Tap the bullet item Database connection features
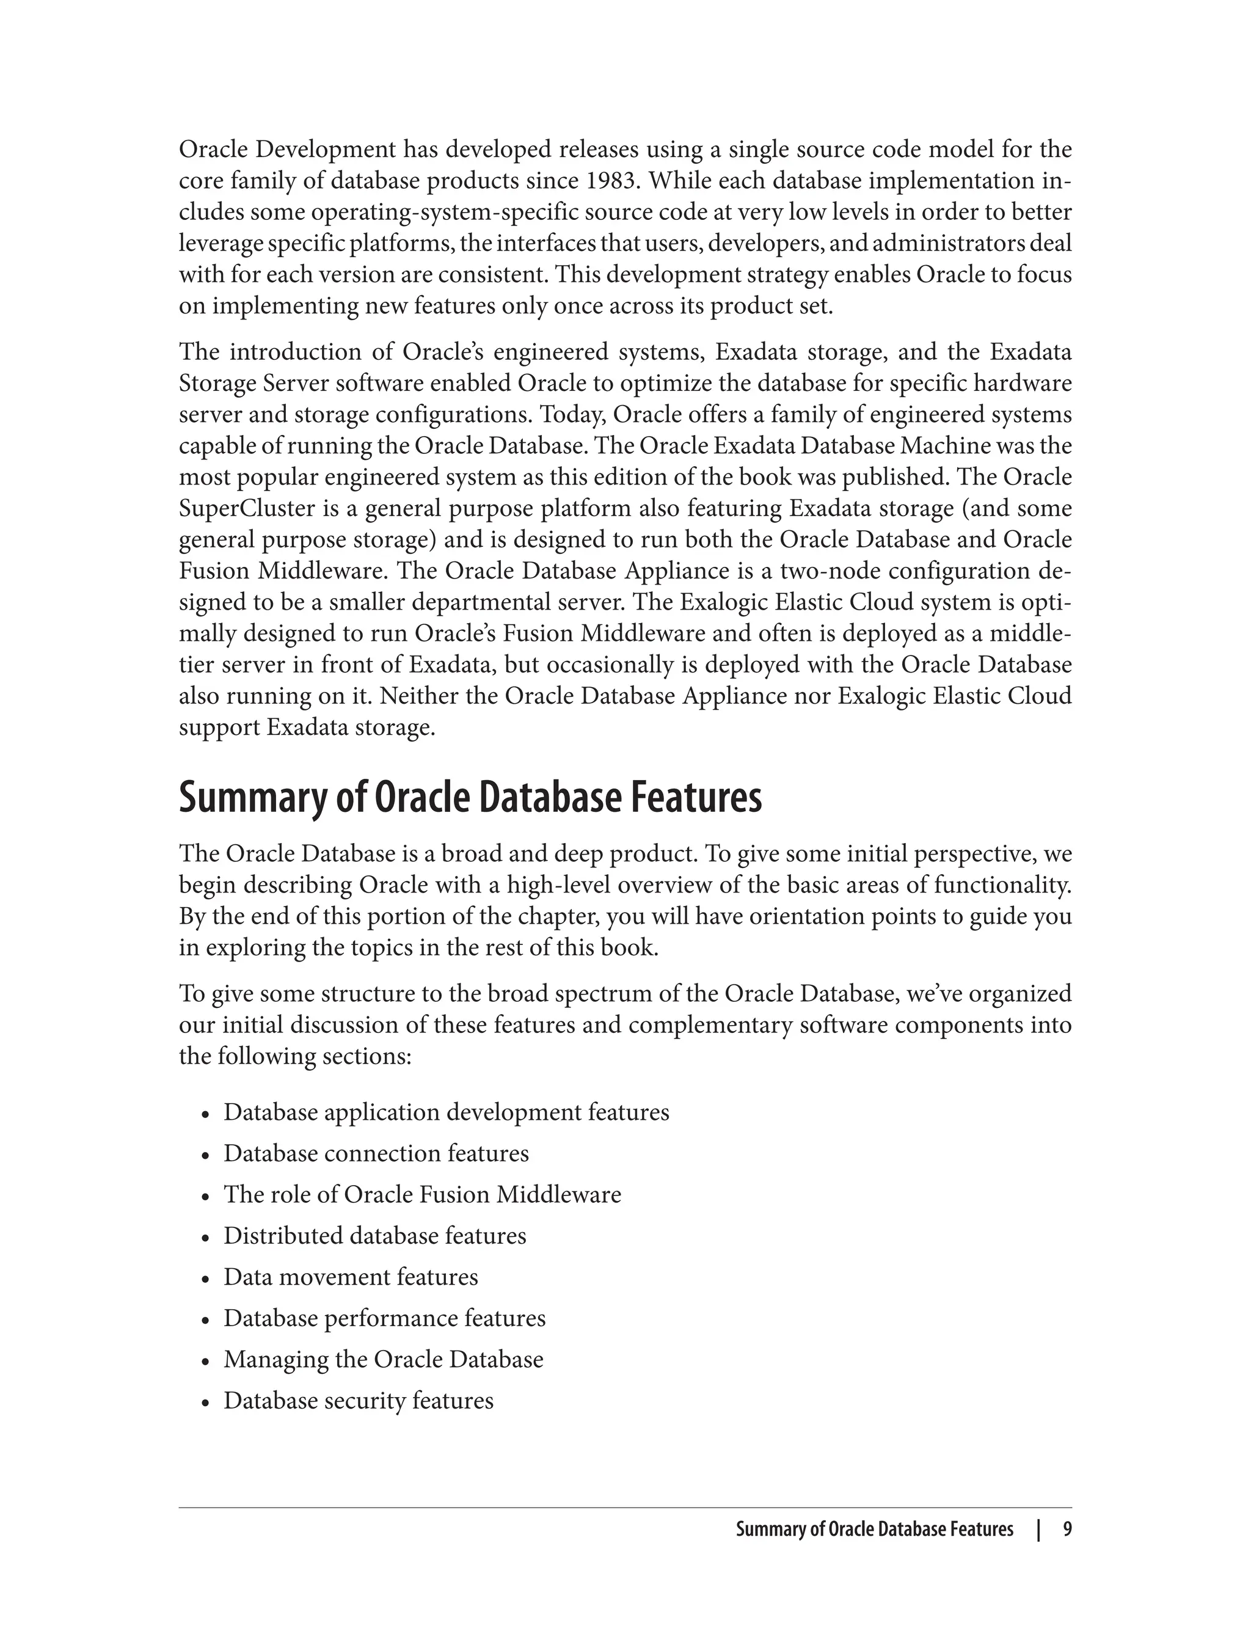tap(376, 1153)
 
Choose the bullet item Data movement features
tap(351, 1277)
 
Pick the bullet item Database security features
tap(358, 1401)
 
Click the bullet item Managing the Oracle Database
tap(384, 1359)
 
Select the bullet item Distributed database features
tap(374, 1236)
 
